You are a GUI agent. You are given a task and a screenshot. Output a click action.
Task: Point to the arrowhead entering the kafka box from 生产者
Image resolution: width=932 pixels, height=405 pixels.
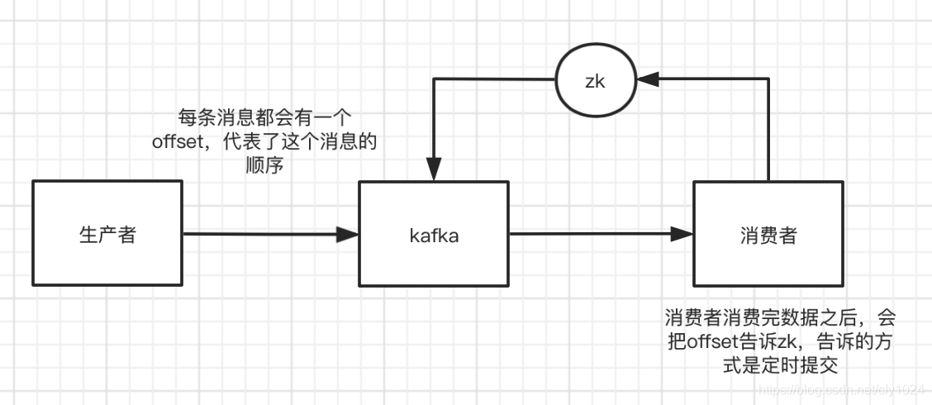349,235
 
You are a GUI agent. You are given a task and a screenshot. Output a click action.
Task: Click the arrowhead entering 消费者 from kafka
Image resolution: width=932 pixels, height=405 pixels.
683,235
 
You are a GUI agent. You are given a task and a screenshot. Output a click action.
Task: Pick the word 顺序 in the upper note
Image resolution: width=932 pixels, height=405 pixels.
264,164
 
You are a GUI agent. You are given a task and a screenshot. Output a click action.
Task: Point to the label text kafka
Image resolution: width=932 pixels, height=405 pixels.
434,235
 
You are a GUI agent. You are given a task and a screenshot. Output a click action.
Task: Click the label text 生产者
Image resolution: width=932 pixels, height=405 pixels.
107,235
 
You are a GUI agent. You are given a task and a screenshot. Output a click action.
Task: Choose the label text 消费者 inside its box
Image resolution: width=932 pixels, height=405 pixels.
768,235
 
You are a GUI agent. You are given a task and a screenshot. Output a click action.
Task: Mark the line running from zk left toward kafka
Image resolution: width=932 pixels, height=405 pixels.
496,80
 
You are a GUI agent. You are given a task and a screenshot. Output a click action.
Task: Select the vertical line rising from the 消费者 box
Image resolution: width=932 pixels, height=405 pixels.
768,132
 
